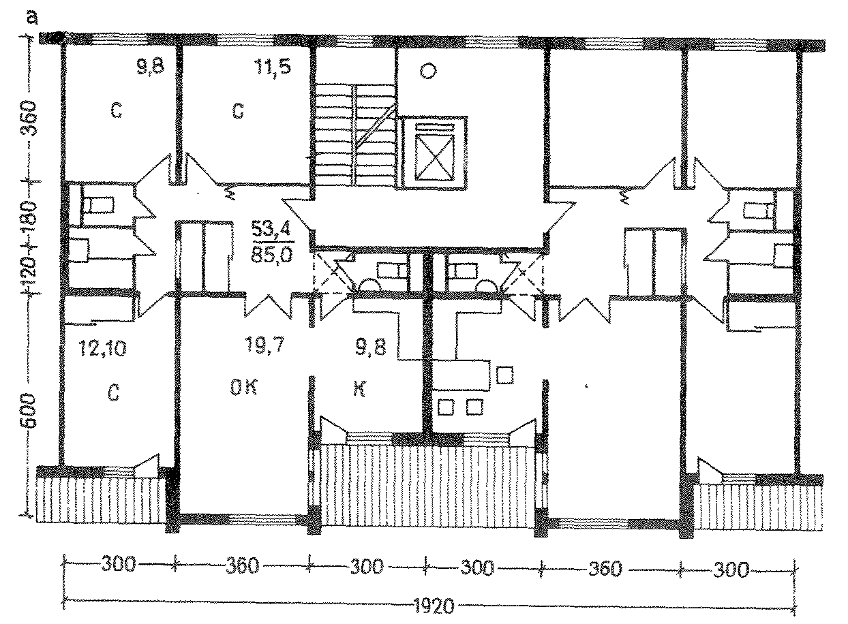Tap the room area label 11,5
[273, 67]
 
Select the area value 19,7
[264, 345]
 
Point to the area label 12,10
[102, 348]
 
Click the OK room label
[244, 387]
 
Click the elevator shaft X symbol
[434, 157]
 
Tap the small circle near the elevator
[428, 71]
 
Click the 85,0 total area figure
[271, 254]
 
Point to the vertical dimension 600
[29, 411]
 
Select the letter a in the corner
[33, 18]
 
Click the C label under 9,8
[117, 110]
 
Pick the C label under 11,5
[238, 111]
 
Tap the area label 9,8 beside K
[370, 347]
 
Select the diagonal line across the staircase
[376, 127]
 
